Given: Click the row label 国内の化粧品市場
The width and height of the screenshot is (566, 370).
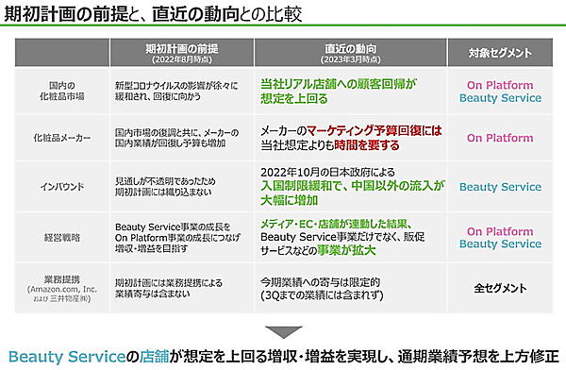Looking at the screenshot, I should pos(53,89).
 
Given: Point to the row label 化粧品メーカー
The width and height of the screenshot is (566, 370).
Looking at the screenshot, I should pos(53,137).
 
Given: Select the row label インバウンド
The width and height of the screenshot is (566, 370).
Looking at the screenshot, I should pos(53,186).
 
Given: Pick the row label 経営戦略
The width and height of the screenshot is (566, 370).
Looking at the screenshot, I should pos(53,236).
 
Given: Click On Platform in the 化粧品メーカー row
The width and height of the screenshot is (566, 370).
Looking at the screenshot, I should pos(500,138).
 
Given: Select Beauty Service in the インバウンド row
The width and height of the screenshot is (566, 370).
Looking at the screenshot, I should pos(500,187).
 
